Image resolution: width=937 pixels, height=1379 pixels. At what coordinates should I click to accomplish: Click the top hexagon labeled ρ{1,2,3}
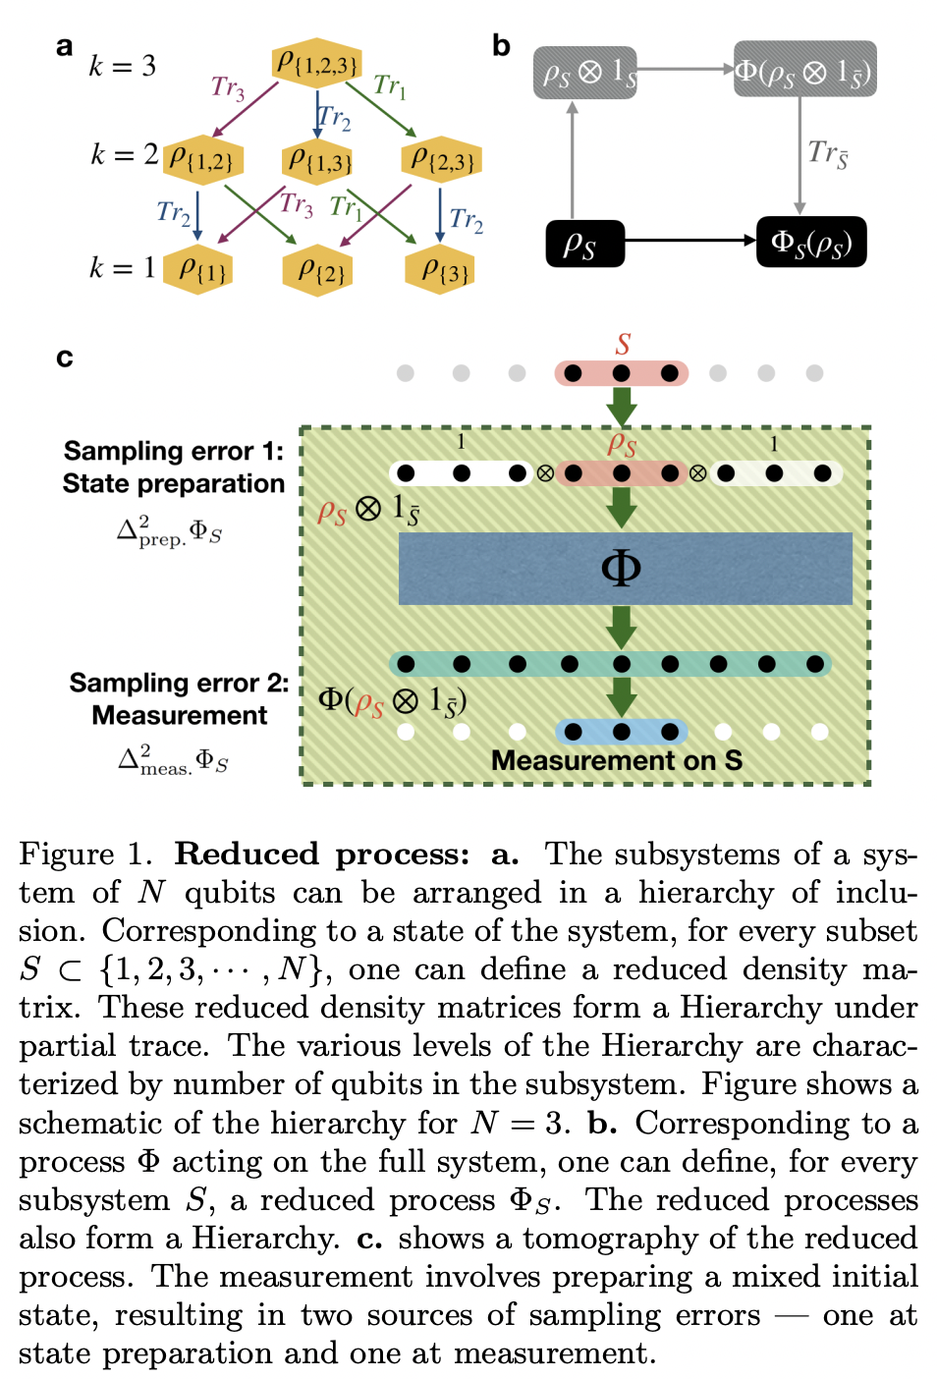[316, 64]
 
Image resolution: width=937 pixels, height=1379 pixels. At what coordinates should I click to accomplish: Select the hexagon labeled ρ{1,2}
[201, 159]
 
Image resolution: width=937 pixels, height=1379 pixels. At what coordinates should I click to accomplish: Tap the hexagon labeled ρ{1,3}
[318, 159]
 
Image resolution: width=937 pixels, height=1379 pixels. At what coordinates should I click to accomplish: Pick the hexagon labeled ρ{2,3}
[442, 159]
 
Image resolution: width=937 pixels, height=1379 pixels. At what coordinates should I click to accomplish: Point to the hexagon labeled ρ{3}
[441, 269]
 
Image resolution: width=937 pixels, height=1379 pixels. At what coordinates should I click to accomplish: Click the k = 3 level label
[122, 66]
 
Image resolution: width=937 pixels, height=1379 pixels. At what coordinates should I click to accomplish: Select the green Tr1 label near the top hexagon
[390, 86]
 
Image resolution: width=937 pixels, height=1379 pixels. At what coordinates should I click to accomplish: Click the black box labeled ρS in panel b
[584, 243]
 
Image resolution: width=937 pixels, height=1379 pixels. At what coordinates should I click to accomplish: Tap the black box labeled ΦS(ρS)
[811, 243]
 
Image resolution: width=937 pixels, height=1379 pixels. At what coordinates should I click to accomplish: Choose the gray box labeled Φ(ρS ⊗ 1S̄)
[804, 71]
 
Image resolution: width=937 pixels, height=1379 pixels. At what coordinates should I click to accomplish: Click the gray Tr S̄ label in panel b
[828, 153]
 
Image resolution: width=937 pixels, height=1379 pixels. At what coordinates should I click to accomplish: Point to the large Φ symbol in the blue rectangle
[621, 568]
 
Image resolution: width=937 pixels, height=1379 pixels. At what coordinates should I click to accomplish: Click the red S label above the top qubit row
[623, 345]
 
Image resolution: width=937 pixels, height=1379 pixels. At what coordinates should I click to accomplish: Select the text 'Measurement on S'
[616, 760]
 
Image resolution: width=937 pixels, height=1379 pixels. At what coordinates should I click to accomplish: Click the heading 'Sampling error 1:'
[173, 451]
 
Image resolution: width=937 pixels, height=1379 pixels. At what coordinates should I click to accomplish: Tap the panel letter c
[65, 358]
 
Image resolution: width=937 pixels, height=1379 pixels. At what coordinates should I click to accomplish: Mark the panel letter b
[501, 46]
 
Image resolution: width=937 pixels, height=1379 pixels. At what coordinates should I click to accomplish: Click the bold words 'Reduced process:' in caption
[322, 854]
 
